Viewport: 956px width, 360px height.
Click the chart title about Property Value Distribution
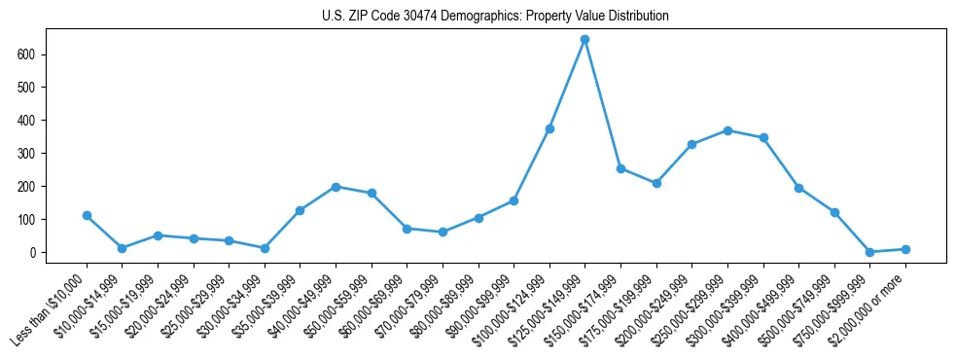pyautogui.click(x=495, y=17)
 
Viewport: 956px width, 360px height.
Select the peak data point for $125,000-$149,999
pyautogui.click(x=584, y=40)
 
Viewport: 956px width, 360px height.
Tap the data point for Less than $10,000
pyautogui.click(x=87, y=215)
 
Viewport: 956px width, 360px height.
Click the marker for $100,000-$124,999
pyautogui.click(x=549, y=128)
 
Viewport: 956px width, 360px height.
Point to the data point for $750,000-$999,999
pyautogui.click(x=869, y=252)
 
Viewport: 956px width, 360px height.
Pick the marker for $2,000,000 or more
pyautogui.click(x=905, y=249)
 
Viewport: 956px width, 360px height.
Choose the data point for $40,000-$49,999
pyautogui.click(x=336, y=187)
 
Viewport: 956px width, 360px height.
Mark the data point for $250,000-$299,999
pyautogui.click(x=727, y=130)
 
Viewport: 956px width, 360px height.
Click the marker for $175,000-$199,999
pyautogui.click(x=656, y=183)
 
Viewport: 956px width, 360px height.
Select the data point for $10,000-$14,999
pyautogui.click(x=122, y=248)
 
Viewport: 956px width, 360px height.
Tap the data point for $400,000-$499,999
pyautogui.click(x=798, y=188)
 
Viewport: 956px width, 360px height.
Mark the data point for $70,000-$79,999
pyautogui.click(x=443, y=232)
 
